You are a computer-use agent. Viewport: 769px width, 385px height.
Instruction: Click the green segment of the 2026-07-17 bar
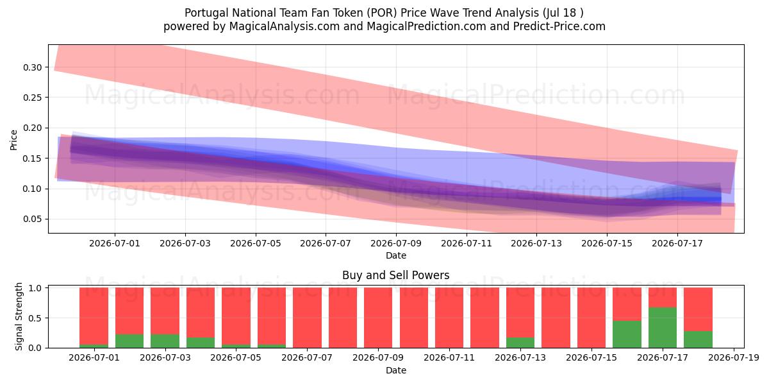663,328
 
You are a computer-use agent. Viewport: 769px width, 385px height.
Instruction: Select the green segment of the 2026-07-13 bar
520,343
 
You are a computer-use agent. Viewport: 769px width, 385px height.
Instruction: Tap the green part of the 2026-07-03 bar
165,341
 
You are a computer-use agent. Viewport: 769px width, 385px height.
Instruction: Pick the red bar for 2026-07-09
378,318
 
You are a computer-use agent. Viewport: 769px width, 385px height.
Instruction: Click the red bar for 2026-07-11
449,318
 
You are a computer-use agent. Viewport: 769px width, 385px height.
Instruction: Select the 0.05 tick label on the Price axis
32,219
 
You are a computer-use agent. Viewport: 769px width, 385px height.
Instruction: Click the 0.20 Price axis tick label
32,128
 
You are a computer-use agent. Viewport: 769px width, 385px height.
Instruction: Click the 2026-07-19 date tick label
734,358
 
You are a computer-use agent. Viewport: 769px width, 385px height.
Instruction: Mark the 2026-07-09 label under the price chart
396,243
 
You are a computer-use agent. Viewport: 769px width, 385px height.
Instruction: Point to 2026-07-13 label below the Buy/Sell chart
520,358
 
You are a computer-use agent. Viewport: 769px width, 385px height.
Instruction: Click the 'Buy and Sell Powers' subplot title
396,275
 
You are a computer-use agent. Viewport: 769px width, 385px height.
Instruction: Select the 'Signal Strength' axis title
19,316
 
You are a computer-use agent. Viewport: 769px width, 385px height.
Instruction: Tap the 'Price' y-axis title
13,140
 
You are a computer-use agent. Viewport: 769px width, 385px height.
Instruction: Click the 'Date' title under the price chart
396,255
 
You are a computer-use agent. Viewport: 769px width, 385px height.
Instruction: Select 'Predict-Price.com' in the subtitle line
559,26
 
